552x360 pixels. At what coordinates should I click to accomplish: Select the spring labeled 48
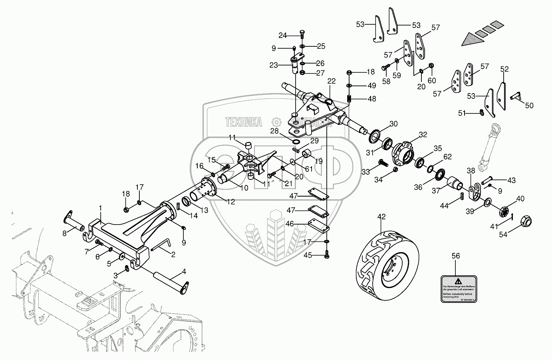(x=349, y=98)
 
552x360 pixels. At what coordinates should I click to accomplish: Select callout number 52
(x=504, y=69)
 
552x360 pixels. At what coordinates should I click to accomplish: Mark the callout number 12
(x=230, y=202)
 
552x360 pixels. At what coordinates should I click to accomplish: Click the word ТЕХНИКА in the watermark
(x=243, y=121)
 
